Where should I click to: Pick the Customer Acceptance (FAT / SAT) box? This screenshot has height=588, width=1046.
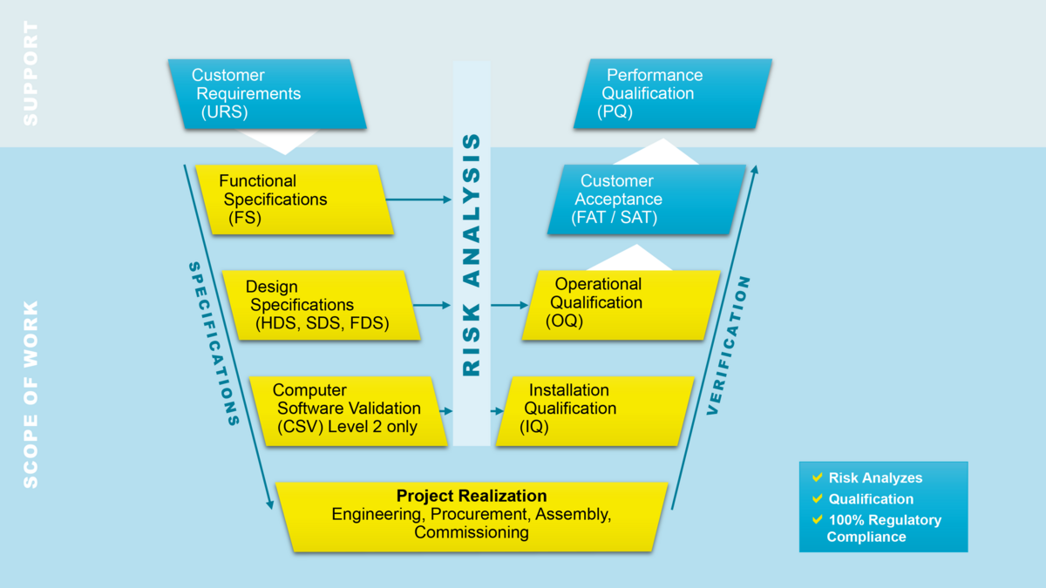pyautogui.click(x=646, y=199)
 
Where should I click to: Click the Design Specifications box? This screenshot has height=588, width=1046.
pyautogui.click(x=319, y=305)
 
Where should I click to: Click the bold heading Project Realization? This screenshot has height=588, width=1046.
pyautogui.click(x=472, y=497)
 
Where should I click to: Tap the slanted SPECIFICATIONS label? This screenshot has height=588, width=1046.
pyautogui.click(x=214, y=343)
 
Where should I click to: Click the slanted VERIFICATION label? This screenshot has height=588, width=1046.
pyautogui.click(x=730, y=345)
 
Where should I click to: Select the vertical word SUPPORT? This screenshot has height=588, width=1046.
pyautogui.click(x=31, y=73)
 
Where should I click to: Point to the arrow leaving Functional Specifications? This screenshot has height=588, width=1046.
pyautogui.click(x=419, y=199)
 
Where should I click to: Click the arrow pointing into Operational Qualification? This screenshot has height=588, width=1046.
pyautogui.click(x=511, y=306)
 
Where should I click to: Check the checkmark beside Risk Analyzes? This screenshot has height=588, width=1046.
pyautogui.click(x=817, y=477)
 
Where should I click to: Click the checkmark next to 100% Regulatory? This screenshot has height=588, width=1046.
pyautogui.click(x=817, y=519)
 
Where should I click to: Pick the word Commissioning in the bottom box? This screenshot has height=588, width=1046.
pyautogui.click(x=472, y=532)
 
